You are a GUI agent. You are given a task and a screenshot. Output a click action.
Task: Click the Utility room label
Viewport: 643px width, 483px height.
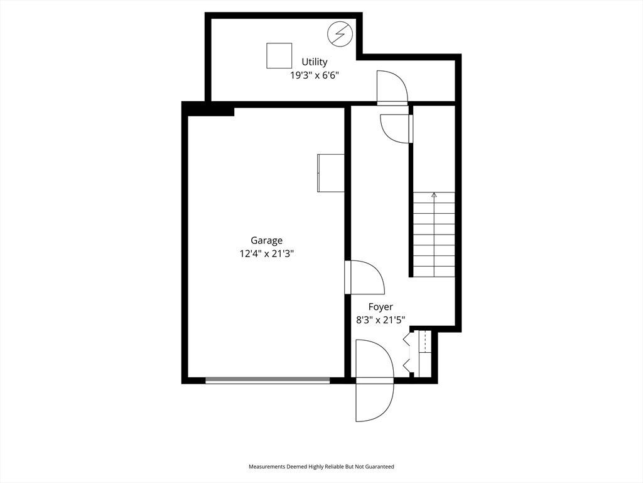315,62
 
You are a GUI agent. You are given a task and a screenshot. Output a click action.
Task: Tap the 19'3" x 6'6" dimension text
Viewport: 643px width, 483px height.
315,75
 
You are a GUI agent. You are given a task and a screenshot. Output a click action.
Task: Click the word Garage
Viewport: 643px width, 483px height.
266,241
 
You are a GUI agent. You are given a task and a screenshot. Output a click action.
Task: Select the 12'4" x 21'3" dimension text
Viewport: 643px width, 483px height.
266,254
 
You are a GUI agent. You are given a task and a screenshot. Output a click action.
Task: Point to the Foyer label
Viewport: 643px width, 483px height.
381,307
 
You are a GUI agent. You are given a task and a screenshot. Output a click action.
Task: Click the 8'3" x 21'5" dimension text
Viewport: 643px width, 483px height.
381,320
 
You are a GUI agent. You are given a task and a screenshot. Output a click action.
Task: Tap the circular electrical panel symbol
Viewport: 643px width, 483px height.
340,34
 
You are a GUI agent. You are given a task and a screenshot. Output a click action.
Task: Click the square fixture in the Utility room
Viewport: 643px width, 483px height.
279,55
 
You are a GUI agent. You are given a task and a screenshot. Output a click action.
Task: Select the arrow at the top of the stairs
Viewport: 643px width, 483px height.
435,195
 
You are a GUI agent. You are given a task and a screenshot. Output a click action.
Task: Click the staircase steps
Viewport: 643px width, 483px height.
434,235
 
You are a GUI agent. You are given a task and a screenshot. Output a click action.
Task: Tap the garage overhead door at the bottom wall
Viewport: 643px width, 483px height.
267,380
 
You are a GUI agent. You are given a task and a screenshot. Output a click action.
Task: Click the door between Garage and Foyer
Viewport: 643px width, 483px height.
365,277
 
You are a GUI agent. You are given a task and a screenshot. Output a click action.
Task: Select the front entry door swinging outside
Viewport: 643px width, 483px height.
375,402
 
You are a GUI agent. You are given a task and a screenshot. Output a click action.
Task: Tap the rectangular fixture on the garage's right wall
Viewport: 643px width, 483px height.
330,173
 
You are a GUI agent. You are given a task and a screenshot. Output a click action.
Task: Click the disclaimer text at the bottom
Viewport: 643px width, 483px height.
321,467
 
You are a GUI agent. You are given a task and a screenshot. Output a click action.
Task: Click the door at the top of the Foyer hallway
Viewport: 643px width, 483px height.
396,129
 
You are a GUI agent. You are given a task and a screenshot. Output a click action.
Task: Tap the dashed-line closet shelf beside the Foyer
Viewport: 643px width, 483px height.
425,341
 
